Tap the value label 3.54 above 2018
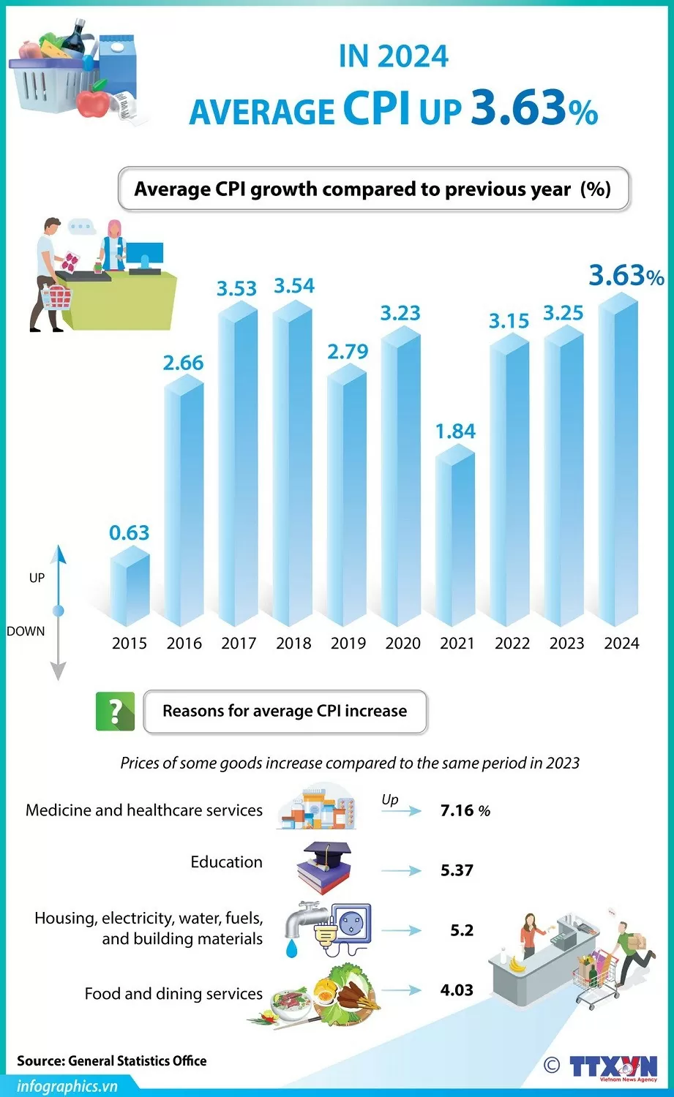click(x=294, y=286)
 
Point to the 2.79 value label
click(x=348, y=352)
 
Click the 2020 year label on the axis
click(x=402, y=644)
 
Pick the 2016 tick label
click(x=184, y=644)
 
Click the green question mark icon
click(x=115, y=711)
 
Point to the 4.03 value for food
click(x=457, y=990)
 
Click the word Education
click(x=226, y=862)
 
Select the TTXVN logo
click(x=613, y=1067)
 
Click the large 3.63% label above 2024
click(x=626, y=276)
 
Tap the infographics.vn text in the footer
click(x=67, y=1086)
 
